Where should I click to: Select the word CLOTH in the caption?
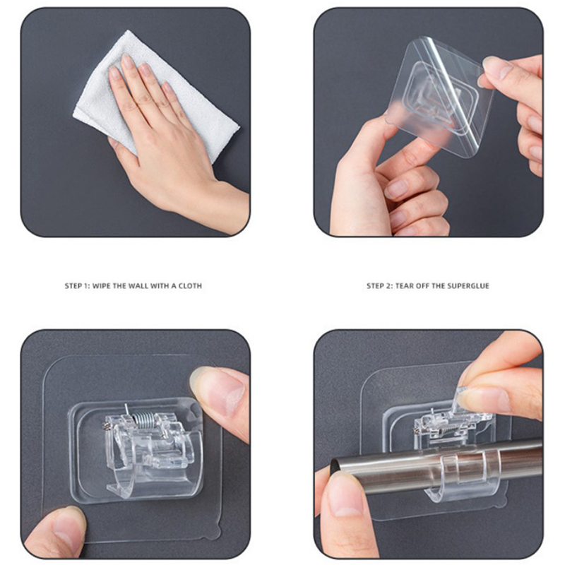[x=190, y=286]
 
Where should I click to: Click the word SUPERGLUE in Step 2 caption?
[x=468, y=286]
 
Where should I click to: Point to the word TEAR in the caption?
[x=405, y=286]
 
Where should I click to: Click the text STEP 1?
[x=77, y=286]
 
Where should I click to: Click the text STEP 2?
[x=379, y=286]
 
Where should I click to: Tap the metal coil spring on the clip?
[x=143, y=419]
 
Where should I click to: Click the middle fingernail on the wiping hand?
[x=128, y=61]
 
